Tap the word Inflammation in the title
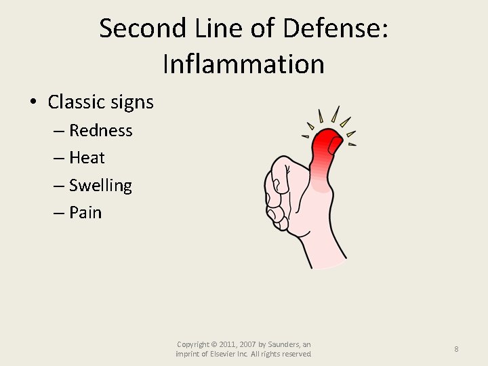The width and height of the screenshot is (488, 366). pyautogui.click(x=244, y=64)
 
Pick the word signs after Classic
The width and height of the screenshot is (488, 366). pyautogui.click(x=133, y=102)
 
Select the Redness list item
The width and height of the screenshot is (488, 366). pyautogui.click(x=101, y=130)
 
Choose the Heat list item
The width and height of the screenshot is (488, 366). pyautogui.click(x=87, y=158)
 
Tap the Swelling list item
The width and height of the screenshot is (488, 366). pyautogui.click(x=100, y=186)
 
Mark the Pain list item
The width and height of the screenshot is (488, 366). pyautogui.click(x=85, y=213)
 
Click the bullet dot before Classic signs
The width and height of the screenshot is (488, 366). pyautogui.click(x=33, y=103)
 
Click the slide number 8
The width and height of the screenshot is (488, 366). pyautogui.click(x=456, y=349)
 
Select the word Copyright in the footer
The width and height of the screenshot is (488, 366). pyautogui.click(x=192, y=345)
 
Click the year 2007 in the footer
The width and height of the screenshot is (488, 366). pyautogui.click(x=253, y=345)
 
